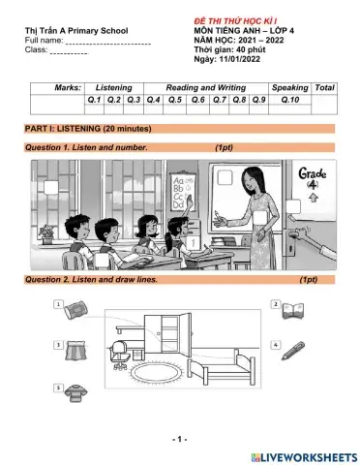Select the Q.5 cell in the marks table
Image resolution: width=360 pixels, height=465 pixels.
click(x=175, y=99)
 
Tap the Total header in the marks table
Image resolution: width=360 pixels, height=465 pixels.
click(x=325, y=87)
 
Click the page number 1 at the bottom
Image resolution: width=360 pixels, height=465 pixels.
click(x=179, y=439)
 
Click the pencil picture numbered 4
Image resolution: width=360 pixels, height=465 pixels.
click(x=295, y=346)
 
